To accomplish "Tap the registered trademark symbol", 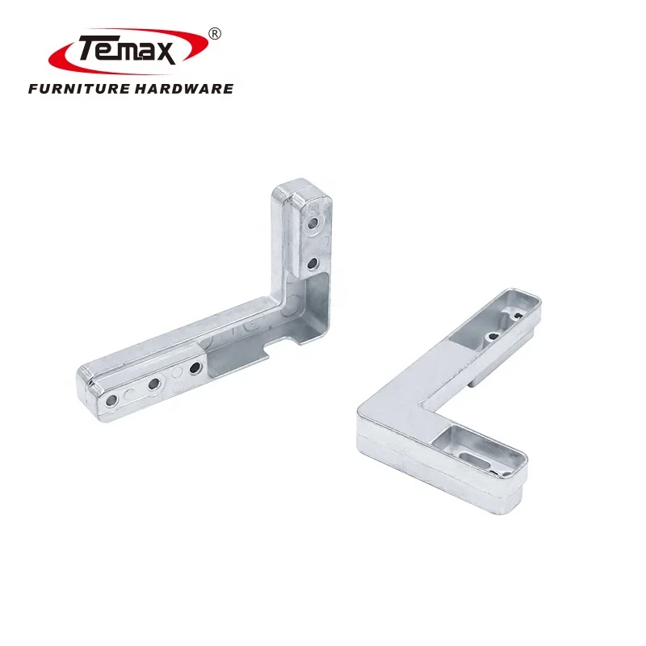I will [x=214, y=33].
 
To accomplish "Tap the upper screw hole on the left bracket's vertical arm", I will [x=314, y=217].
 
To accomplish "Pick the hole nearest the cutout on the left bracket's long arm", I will [x=195, y=368].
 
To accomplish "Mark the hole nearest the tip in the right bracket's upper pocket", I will [x=512, y=316].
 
